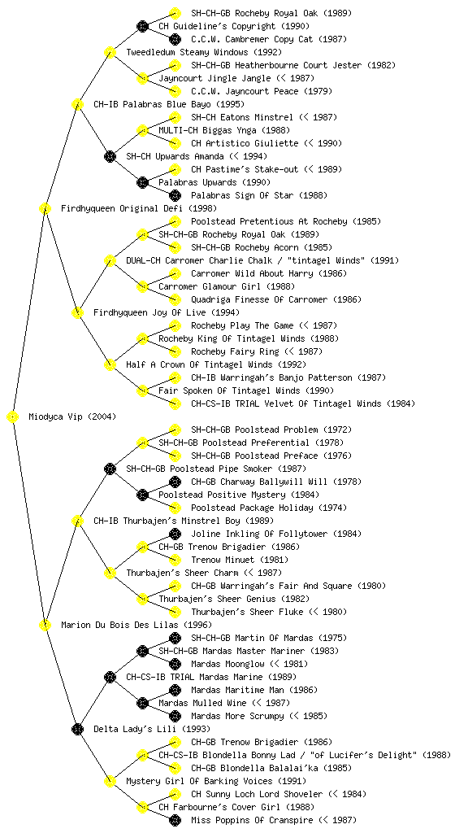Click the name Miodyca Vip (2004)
pos(72,416)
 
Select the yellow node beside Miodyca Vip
pos(13,417)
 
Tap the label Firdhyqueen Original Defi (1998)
pos(138,208)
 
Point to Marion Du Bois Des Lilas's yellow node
pos(45,626)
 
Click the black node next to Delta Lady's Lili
pos(77,730)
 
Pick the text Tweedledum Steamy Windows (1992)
pos(204,52)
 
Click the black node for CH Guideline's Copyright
pos(142,26)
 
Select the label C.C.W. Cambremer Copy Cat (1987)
pos(269,39)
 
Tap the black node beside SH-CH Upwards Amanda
pos(110,156)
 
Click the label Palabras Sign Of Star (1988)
pos(259,195)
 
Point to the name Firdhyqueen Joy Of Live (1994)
pos(166,312)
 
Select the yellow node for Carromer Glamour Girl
pos(142,287)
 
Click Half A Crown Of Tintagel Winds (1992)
pos(216,364)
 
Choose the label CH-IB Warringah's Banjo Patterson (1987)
pos(288,377)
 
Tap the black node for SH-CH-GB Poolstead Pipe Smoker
pos(110,469)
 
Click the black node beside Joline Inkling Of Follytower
pos(175,534)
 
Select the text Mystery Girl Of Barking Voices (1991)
pos(216,781)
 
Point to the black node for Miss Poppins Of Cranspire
pos(175,820)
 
